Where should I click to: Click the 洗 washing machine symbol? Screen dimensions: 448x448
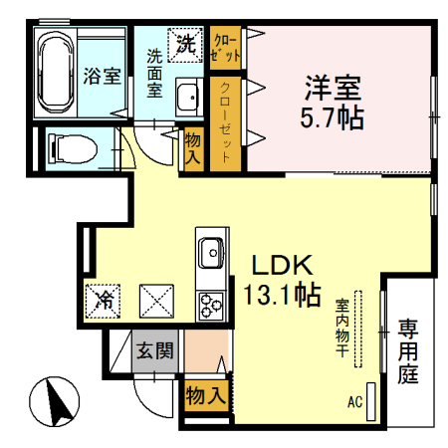coord(186,42)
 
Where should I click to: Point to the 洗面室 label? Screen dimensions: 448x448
coord(156,73)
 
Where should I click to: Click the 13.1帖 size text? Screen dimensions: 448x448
coord(282,296)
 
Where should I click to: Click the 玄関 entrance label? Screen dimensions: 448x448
coord(154,351)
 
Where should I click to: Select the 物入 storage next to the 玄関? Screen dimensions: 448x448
coord(205,395)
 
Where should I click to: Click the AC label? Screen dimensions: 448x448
coord(354,403)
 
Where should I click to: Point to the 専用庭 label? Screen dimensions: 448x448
coord(408,351)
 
